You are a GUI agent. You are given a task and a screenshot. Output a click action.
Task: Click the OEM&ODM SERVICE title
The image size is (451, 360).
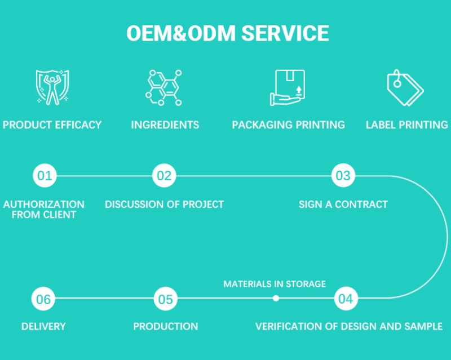pos(227,33)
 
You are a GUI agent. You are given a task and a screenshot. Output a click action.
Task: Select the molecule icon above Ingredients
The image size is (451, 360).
pos(164,87)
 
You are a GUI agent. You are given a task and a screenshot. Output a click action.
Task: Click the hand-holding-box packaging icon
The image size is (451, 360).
pos(288,87)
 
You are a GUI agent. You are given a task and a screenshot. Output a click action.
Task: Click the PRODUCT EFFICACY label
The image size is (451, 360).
pos(52,125)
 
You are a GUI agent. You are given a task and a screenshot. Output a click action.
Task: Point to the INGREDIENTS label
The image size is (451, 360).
pos(165,125)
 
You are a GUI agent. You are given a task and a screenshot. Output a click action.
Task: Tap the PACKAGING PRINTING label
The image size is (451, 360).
pos(288,125)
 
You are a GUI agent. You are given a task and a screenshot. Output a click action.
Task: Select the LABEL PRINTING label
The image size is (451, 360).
pos(406,125)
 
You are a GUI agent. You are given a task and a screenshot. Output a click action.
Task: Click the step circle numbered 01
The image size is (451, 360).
pos(44,176)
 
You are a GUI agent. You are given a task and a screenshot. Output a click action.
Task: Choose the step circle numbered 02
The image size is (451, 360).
pos(164,176)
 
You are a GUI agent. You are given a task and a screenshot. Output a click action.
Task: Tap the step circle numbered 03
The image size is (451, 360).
pos(343,176)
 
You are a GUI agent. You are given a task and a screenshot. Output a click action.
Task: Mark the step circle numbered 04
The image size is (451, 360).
pos(346,299)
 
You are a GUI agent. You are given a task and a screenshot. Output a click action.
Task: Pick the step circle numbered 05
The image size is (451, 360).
pos(165,299)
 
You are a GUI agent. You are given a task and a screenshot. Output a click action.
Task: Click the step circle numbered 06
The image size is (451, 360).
pos(43,299)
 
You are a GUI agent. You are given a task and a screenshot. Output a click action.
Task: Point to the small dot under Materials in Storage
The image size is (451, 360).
pos(276,299)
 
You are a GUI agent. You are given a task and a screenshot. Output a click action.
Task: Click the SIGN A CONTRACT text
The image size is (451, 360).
pos(343,204)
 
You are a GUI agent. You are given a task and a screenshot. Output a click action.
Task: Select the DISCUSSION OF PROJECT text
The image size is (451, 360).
pos(164,204)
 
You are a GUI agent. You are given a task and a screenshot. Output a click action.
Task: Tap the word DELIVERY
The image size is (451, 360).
pos(43,326)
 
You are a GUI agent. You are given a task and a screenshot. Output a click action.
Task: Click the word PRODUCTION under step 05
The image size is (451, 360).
pos(165,326)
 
